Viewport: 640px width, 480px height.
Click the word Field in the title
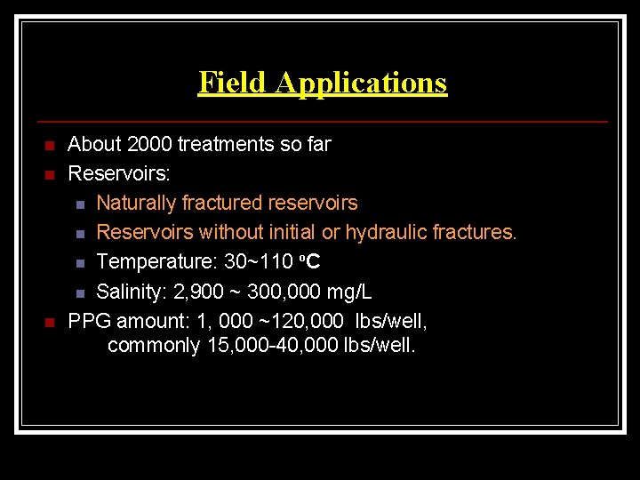point(233,82)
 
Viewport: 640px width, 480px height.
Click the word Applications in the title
point(361,83)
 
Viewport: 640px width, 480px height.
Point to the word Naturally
point(135,203)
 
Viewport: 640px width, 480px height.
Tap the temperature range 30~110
point(254,261)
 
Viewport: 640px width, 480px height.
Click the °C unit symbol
point(309,261)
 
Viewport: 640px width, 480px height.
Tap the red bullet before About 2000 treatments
point(50,145)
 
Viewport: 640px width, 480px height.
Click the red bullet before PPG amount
point(50,321)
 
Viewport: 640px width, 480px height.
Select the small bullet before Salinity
point(80,292)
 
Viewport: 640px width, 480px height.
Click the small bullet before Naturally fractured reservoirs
point(80,204)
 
